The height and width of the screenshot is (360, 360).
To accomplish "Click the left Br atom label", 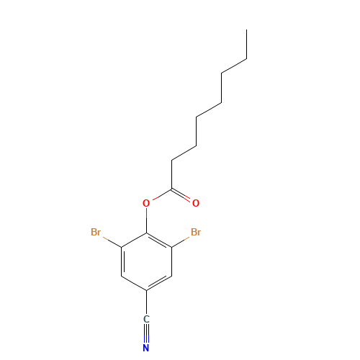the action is (96, 232).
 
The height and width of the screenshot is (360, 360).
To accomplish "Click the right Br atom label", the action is (196, 232).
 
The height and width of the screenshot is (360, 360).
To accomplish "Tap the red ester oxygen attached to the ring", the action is (146, 203).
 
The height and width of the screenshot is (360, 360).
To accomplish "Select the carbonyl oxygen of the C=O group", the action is (196, 203).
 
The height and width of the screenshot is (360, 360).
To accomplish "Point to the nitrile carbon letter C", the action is (146, 319).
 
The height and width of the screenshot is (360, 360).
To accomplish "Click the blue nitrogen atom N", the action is (146, 348).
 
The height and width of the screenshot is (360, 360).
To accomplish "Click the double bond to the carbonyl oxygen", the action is (181, 195).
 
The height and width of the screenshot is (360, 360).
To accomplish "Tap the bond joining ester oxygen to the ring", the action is (146, 220).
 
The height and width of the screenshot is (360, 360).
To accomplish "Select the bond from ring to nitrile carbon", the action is (146, 302).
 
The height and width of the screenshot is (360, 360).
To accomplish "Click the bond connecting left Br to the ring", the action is (112, 242).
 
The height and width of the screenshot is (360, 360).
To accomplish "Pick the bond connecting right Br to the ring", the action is (181, 242).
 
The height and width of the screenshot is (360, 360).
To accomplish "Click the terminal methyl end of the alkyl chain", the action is (246, 30).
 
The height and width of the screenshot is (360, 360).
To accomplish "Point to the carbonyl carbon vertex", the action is (171, 189).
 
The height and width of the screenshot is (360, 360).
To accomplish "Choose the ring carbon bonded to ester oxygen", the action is (146, 233).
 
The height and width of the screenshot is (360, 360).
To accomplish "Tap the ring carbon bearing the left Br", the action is (122, 248).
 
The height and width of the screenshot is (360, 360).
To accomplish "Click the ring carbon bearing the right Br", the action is (171, 248).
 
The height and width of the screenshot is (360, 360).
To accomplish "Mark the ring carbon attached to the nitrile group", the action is (146, 291).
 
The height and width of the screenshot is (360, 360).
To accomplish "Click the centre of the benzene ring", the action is (146, 262).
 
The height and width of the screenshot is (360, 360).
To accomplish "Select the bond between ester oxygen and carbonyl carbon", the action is (162, 194).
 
